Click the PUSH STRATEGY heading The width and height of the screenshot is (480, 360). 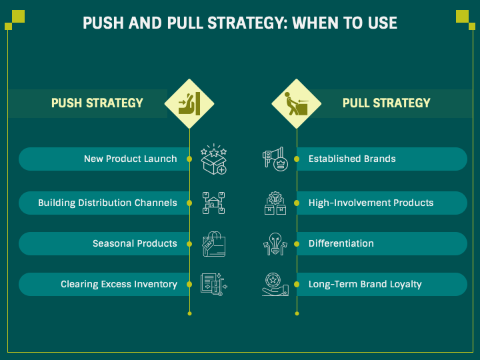point(97,103)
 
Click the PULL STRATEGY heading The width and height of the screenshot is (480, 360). point(387,103)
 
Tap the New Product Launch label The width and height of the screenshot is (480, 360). point(131,159)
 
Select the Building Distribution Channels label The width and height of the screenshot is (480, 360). point(107,203)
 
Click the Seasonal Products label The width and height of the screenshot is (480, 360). point(135,243)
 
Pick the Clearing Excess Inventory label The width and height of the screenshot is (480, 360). point(119,284)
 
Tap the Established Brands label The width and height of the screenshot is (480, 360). point(352,159)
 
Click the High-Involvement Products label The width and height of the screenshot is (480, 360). point(371,203)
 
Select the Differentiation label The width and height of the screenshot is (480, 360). point(341,243)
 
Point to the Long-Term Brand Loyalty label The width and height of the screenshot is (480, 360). point(365,284)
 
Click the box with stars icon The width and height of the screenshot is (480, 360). point(214,159)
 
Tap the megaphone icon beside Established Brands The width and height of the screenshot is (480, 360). point(274,159)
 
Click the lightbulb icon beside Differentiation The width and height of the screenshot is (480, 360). point(274,244)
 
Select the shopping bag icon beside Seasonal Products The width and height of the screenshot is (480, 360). point(214,244)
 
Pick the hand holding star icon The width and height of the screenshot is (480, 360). point(274,285)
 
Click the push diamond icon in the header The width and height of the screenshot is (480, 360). point(189,103)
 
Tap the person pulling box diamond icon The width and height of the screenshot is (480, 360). point(297,103)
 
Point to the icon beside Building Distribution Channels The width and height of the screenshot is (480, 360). point(214,203)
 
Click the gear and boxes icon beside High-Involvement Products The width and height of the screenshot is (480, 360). point(274,203)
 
